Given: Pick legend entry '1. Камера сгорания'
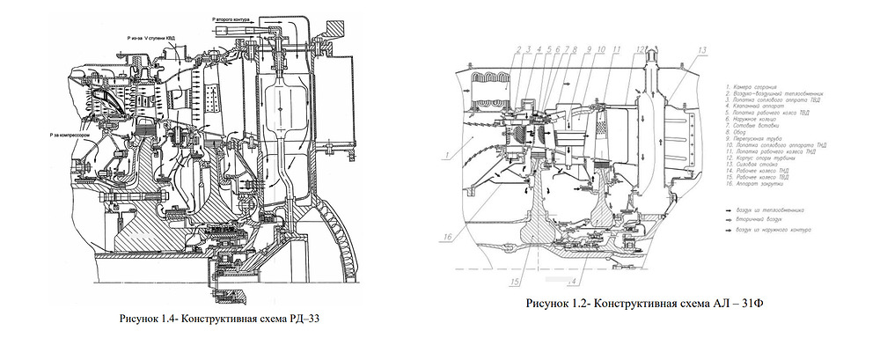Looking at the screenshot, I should click(x=753, y=87).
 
